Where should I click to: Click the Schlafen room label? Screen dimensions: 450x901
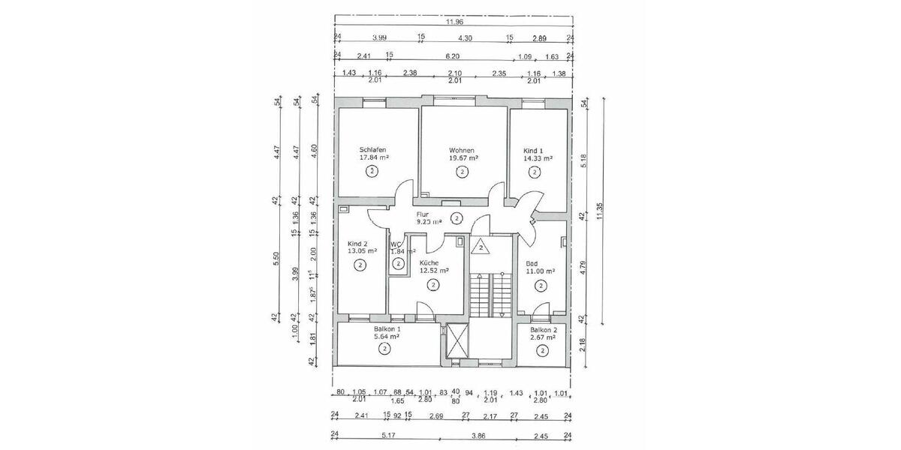pos(373,149)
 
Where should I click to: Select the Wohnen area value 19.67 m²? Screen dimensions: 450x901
pos(463,158)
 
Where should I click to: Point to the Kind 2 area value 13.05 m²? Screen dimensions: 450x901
pos(360,252)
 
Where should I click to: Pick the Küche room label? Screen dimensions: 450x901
pos(429,263)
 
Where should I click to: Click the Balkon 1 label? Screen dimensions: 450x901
pos(387,329)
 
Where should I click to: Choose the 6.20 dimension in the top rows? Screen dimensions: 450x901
pos(452,55)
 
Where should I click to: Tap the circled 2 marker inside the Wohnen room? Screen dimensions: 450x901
pos(462,172)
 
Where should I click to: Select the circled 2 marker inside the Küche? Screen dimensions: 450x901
pos(432,284)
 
